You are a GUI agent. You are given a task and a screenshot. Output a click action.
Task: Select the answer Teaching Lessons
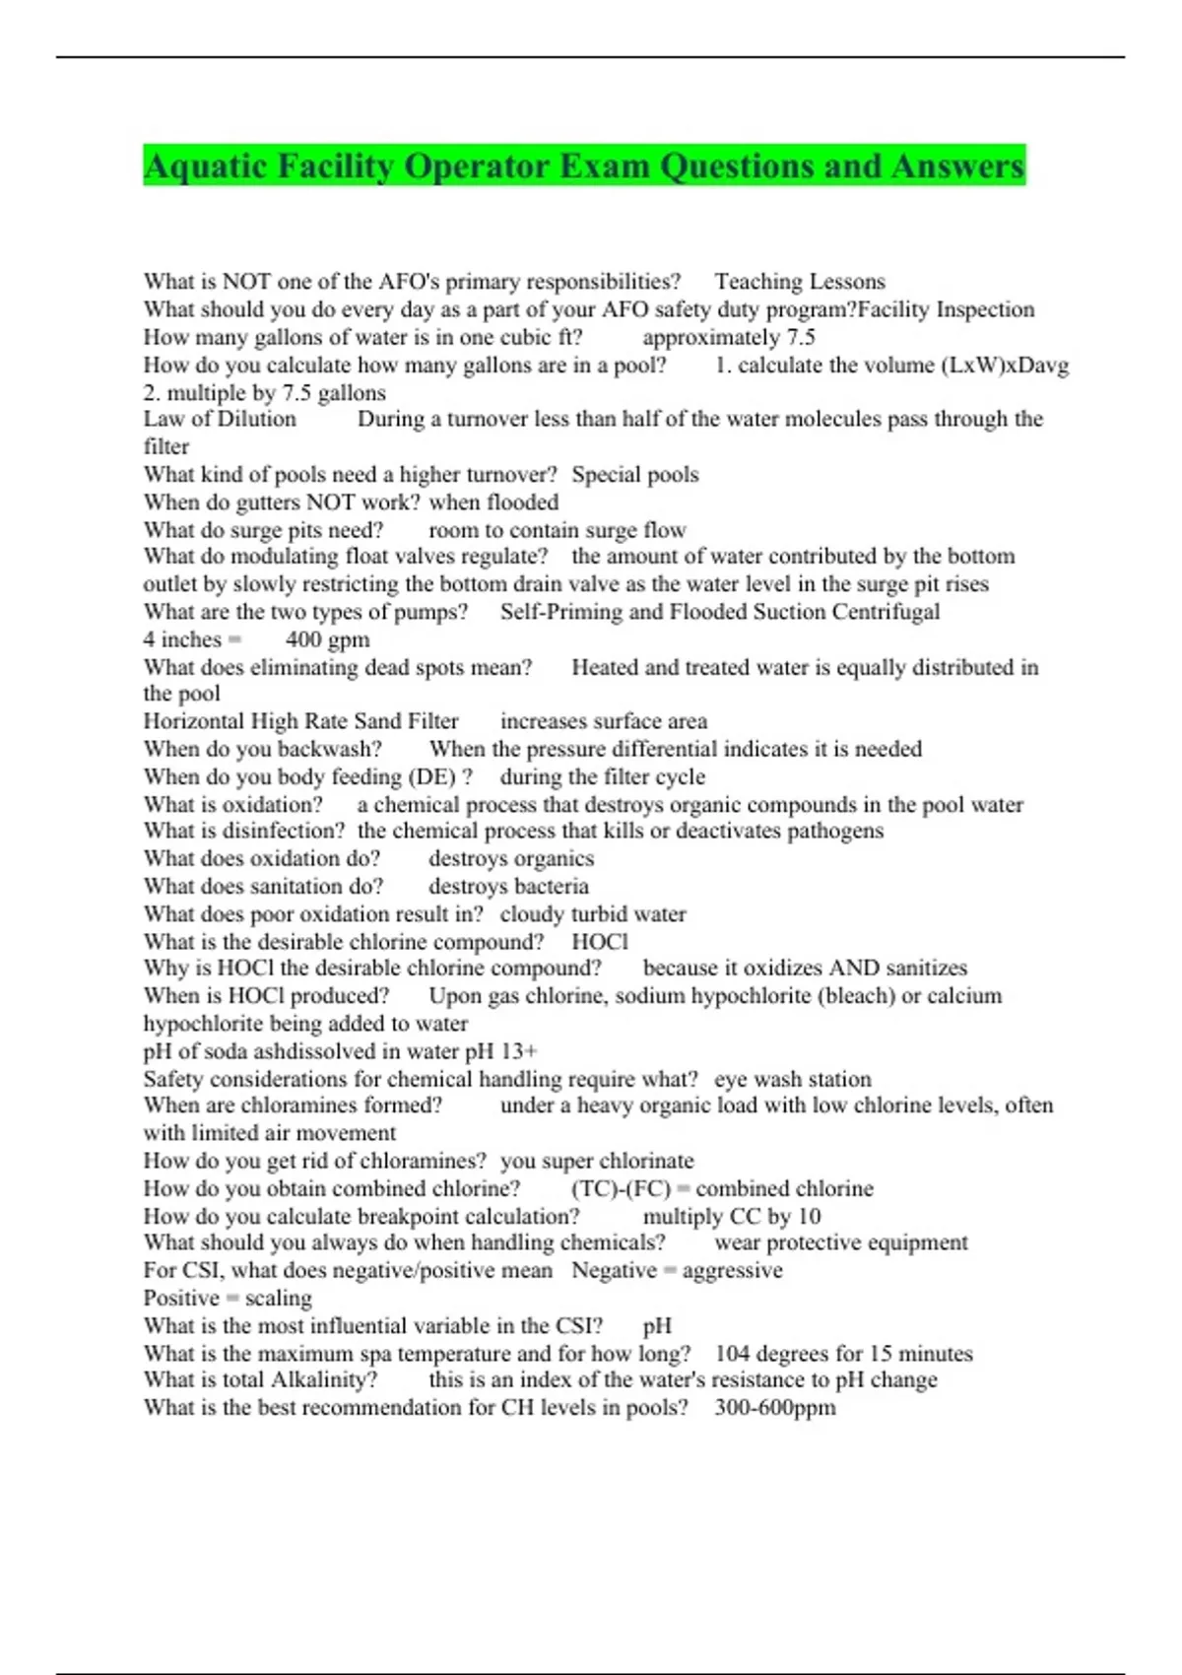(799, 282)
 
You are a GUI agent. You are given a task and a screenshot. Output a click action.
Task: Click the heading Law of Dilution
(220, 419)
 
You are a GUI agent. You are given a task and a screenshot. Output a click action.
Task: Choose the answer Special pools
(634, 475)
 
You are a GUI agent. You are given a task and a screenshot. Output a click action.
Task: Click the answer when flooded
(493, 502)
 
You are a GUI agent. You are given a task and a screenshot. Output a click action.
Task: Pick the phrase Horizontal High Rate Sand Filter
(300, 721)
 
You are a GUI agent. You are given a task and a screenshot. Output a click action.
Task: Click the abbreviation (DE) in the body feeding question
(430, 777)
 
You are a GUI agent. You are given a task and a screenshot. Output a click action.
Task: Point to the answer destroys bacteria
(508, 887)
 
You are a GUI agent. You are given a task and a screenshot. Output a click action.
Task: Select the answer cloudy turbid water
(593, 914)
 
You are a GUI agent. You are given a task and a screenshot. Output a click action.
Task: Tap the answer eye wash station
(792, 1079)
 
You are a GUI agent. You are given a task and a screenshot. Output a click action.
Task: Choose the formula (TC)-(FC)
(621, 1189)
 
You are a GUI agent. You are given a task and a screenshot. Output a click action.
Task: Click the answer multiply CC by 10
(731, 1217)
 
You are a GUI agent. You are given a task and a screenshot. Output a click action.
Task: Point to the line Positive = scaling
(228, 1299)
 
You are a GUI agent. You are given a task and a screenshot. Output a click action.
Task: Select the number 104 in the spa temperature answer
(734, 1354)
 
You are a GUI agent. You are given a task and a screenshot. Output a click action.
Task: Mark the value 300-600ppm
(774, 1408)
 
